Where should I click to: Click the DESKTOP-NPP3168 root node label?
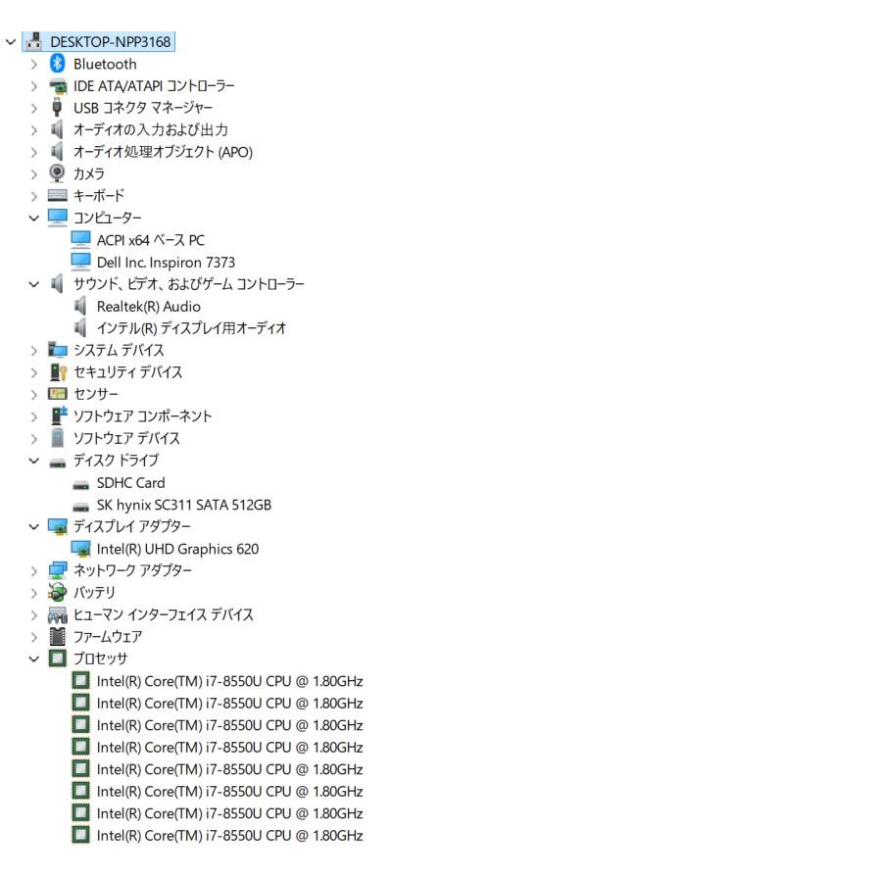click(111, 42)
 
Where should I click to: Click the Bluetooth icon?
click(57, 64)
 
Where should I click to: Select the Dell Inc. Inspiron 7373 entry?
click(166, 262)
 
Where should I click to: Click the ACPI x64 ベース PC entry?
click(151, 240)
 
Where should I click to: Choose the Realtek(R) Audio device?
click(148, 307)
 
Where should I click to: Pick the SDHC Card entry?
click(131, 483)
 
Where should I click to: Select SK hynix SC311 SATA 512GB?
click(183, 505)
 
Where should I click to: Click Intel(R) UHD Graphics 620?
click(177, 549)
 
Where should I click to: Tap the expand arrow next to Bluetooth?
click(34, 65)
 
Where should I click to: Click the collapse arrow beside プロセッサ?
click(34, 659)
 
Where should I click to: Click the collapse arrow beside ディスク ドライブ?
click(34, 461)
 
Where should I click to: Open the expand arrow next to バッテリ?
click(34, 593)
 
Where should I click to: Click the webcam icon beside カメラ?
click(57, 173)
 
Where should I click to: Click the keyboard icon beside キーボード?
click(57, 195)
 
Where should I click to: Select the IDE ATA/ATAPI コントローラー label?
click(154, 85)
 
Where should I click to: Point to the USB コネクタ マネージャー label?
click(143, 108)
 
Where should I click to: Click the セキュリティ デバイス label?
click(127, 372)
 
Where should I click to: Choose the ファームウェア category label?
click(108, 637)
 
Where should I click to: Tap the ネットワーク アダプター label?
click(132, 570)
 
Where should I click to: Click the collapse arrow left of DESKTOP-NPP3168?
click(11, 42)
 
